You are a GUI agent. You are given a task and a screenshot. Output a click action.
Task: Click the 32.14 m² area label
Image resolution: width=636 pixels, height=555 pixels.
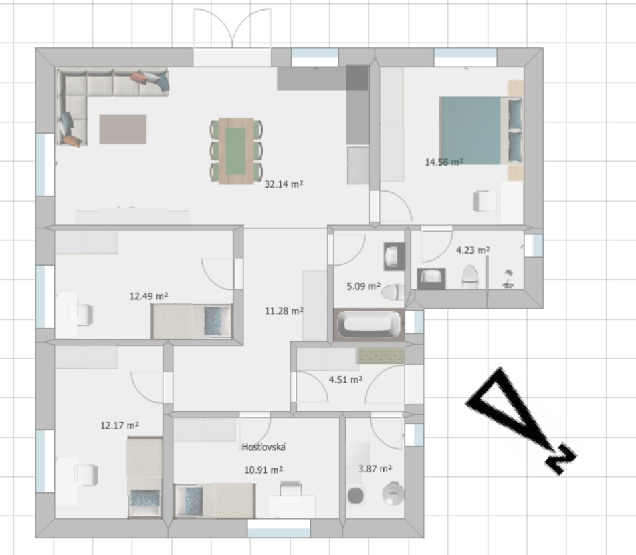pyautogui.click(x=284, y=184)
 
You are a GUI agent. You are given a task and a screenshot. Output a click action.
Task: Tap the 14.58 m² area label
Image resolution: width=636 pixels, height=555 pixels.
pyautogui.click(x=444, y=162)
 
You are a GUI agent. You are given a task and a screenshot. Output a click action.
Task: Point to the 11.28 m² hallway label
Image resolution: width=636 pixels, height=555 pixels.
pyautogui.click(x=284, y=311)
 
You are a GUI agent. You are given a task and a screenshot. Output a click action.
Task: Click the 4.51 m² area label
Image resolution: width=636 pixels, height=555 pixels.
pyautogui.click(x=346, y=379)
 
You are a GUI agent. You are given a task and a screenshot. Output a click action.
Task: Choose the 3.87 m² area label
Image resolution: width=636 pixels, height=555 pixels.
pyautogui.click(x=375, y=469)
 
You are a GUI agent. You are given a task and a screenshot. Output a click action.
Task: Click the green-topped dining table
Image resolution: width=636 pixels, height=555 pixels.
pyautogui.click(x=236, y=151)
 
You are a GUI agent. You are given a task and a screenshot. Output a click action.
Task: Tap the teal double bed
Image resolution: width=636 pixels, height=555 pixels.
pyautogui.click(x=481, y=130)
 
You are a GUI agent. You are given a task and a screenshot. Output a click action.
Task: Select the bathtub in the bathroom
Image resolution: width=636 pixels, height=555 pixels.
pyautogui.click(x=369, y=325)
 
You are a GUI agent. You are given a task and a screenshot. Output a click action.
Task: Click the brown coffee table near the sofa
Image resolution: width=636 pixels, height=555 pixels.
pyautogui.click(x=123, y=129)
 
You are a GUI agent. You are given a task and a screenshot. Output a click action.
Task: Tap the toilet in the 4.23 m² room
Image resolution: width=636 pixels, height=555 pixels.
pyautogui.click(x=470, y=277)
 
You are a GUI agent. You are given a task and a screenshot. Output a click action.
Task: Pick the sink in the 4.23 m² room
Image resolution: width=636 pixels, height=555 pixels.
pyautogui.click(x=431, y=279)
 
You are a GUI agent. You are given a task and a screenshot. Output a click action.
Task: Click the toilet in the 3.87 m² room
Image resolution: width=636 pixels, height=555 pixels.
pyautogui.click(x=393, y=494)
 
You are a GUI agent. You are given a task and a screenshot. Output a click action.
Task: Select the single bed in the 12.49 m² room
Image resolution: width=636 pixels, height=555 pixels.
pyautogui.click(x=192, y=321)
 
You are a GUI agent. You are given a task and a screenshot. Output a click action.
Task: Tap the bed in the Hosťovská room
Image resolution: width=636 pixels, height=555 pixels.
pyautogui.click(x=215, y=500)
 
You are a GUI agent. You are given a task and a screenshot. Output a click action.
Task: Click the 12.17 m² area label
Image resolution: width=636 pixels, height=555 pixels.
pyautogui.click(x=120, y=425)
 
